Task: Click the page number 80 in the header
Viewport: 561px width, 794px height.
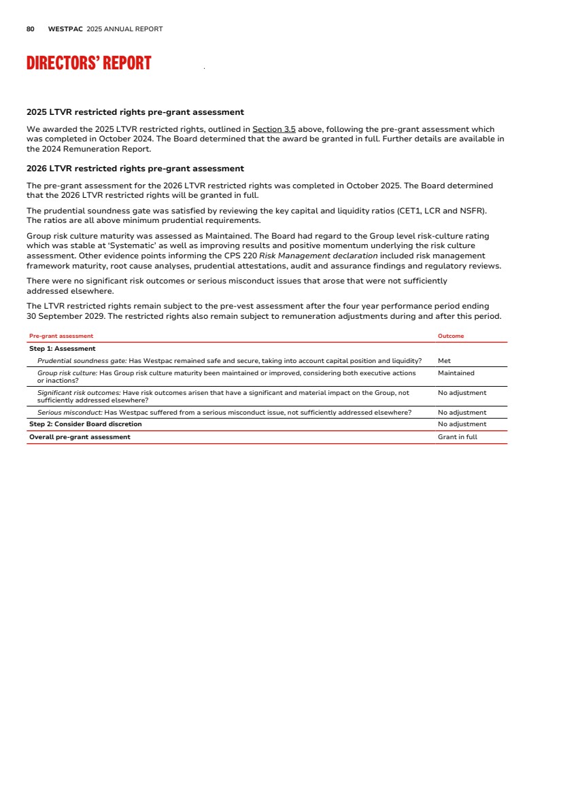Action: click(x=31, y=29)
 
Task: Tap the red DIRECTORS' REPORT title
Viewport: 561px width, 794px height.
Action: click(x=88, y=63)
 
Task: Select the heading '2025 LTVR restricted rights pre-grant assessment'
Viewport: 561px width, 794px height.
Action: click(x=135, y=112)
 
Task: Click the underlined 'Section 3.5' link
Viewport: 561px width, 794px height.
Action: click(x=274, y=129)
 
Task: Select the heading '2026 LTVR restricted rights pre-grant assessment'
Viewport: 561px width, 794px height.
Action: click(x=135, y=169)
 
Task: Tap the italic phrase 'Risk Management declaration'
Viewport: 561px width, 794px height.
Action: click(x=318, y=256)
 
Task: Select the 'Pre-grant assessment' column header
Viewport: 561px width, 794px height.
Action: click(x=61, y=336)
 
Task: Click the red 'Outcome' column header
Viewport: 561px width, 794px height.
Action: click(x=451, y=336)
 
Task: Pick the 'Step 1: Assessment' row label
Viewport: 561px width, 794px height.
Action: click(x=63, y=349)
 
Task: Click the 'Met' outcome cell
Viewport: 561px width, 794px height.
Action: click(x=444, y=361)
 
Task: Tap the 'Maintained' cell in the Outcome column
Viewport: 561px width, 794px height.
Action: click(x=456, y=373)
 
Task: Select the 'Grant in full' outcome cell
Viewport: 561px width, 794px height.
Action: click(x=457, y=436)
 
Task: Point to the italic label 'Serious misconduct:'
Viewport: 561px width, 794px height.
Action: click(x=70, y=413)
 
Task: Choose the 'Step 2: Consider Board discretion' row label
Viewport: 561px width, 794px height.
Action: click(x=86, y=424)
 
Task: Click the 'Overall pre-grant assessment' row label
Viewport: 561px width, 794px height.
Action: click(x=80, y=436)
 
